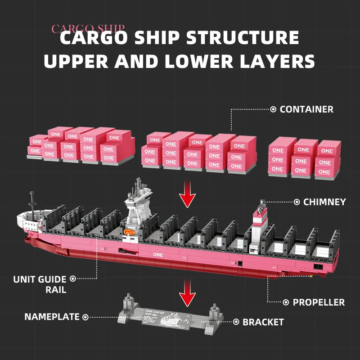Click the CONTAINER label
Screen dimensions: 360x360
(x=306, y=109)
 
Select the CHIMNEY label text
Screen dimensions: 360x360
(x=324, y=202)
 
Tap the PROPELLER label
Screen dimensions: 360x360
(x=319, y=302)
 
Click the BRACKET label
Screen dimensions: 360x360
(x=263, y=322)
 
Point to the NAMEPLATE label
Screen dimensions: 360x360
(x=52, y=317)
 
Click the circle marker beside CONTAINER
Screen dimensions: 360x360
(x=273, y=109)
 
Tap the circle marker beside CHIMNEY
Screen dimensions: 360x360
(x=297, y=202)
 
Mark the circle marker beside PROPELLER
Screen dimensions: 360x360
(x=286, y=302)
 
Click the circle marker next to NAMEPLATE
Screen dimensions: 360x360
(x=85, y=317)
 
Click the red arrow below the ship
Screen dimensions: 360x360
(x=188, y=297)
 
